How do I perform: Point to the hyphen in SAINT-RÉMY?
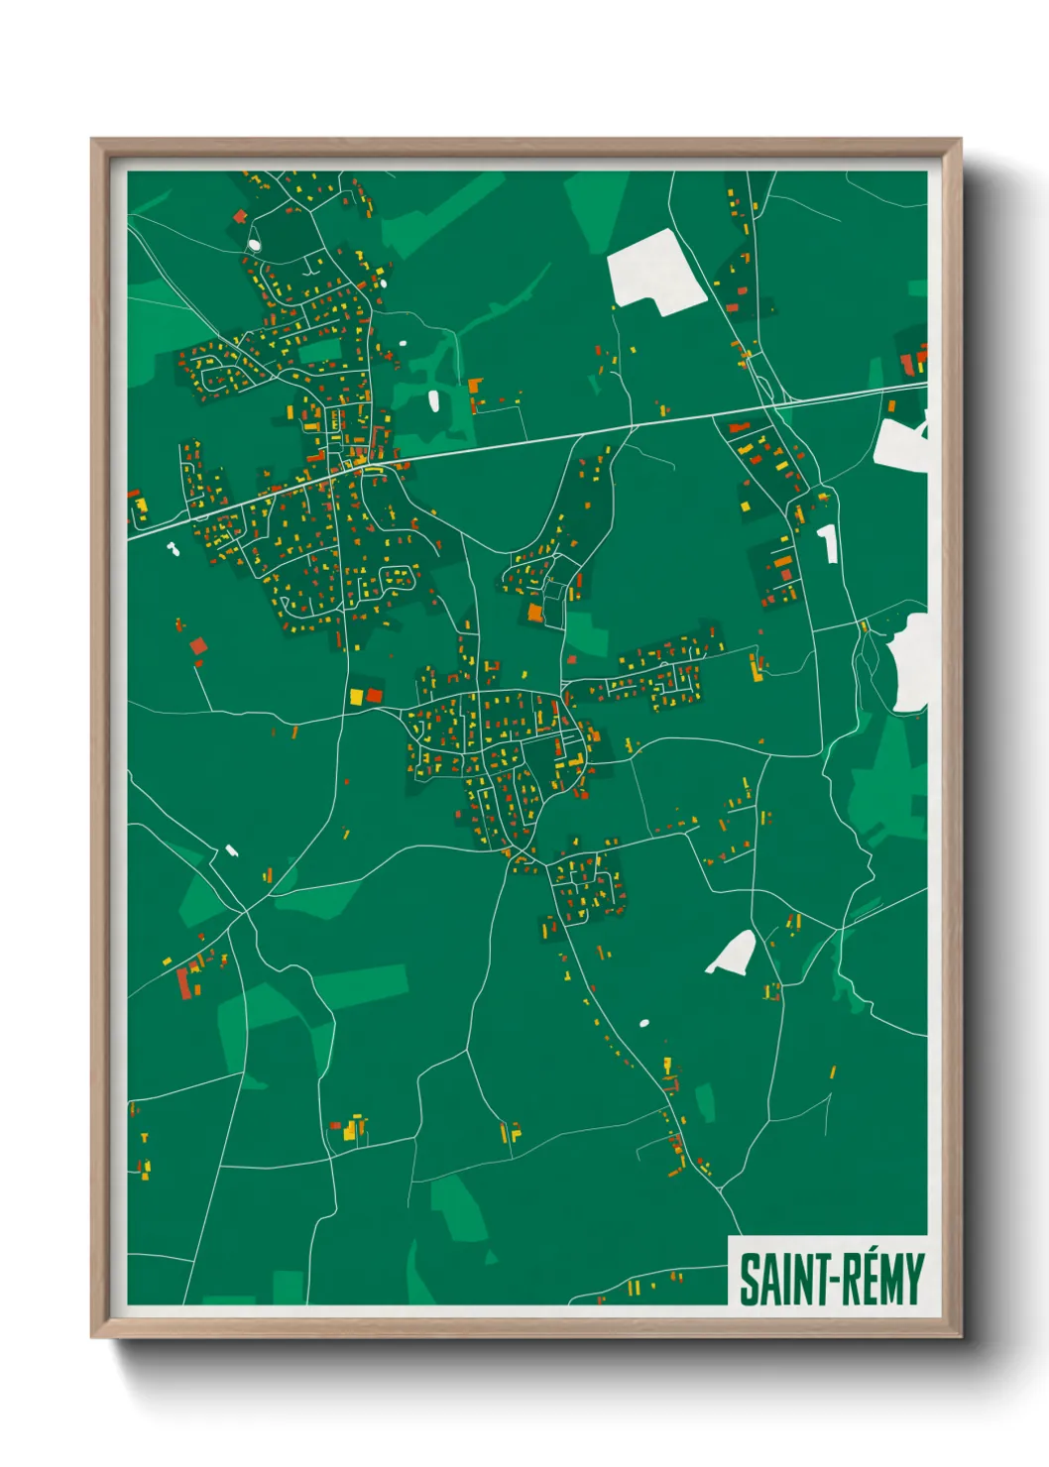coord(815,1281)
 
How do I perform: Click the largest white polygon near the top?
coord(654,269)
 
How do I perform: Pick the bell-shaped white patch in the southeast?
coord(734,953)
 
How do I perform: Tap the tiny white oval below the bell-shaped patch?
coord(644,1022)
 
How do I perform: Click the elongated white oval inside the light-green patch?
coord(433,400)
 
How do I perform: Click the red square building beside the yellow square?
coord(374,695)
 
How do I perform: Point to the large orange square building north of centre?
coord(535,613)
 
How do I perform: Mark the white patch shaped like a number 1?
coord(827,543)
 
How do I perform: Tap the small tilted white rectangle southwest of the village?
coord(231,849)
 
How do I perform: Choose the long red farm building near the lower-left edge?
coord(182,982)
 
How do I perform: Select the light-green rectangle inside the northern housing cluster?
coord(319,351)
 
